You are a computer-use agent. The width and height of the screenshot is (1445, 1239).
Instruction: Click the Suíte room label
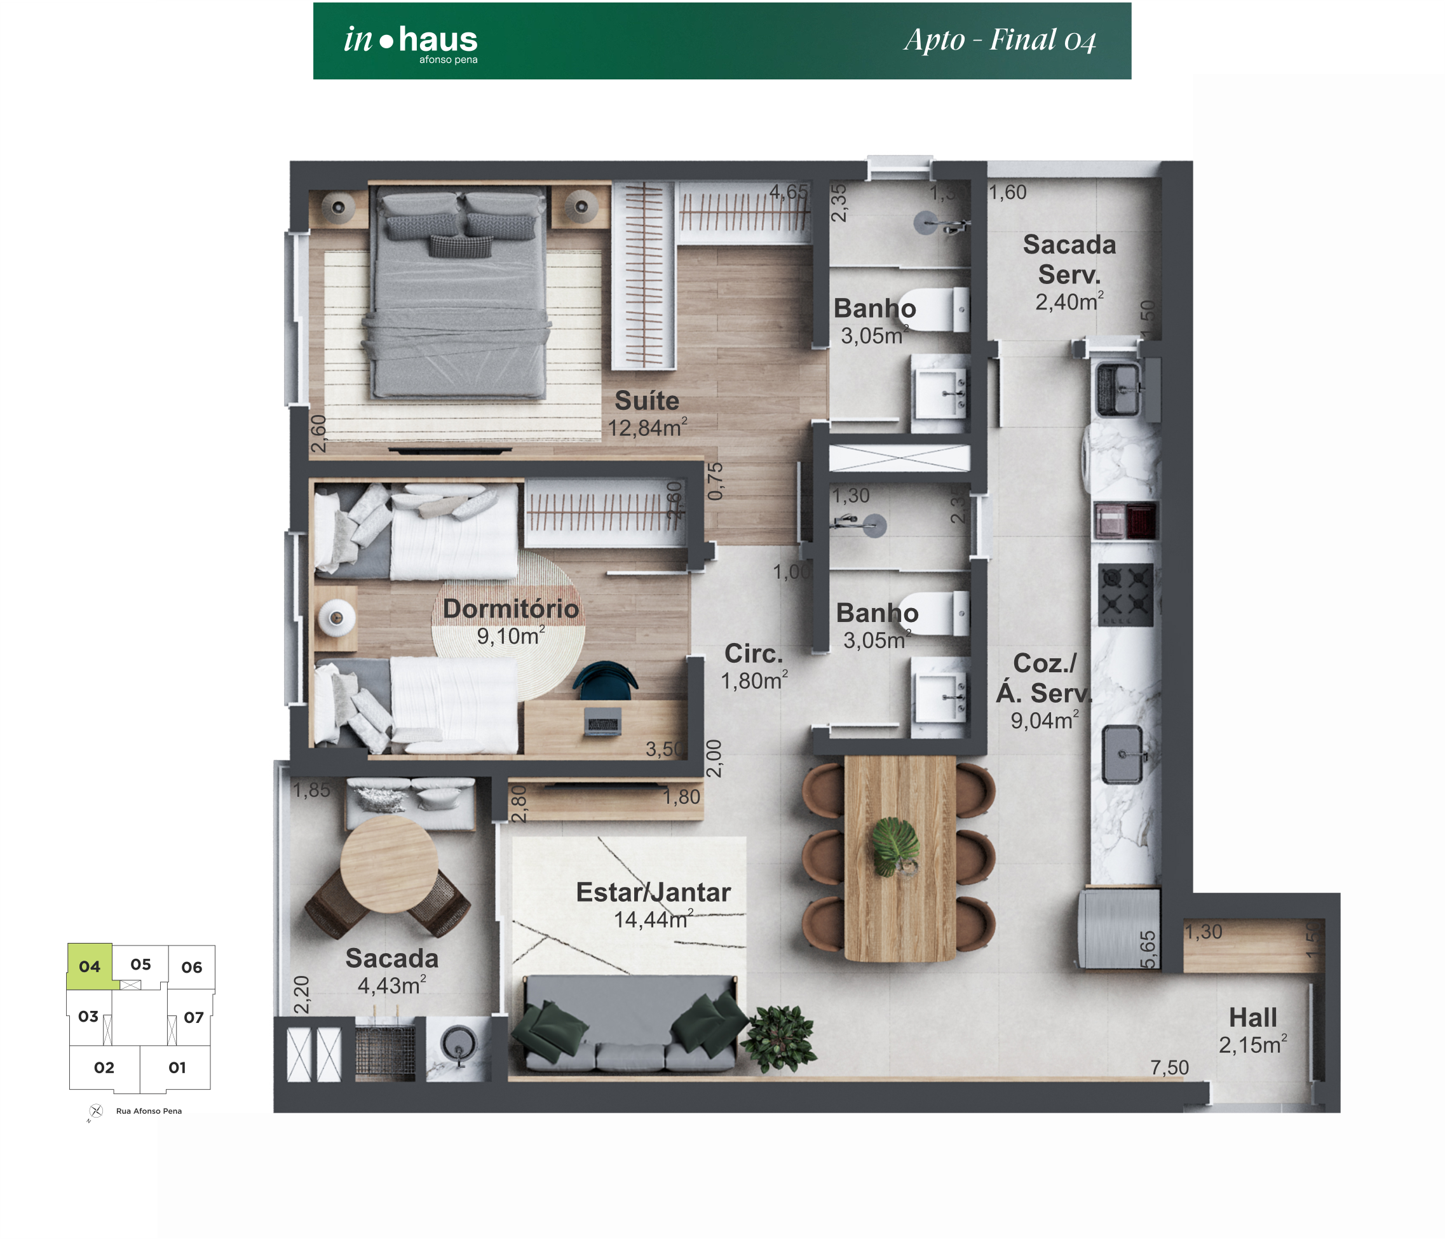[646, 401]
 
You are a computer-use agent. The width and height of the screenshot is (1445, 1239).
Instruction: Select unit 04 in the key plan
[89, 966]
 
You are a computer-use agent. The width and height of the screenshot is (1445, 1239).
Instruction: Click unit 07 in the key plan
[193, 1017]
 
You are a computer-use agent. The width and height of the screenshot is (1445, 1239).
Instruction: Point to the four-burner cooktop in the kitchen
[1125, 595]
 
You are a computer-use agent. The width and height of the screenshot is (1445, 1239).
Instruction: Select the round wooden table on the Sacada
[389, 865]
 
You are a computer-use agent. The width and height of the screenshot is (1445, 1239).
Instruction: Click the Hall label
[1252, 1017]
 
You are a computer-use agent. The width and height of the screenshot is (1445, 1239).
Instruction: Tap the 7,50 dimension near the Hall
[1169, 1067]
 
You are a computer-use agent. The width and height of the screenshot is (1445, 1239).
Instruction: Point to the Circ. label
[753, 653]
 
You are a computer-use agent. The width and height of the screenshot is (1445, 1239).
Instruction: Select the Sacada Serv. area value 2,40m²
[1068, 302]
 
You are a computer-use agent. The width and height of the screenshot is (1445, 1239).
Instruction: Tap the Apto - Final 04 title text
[1000, 41]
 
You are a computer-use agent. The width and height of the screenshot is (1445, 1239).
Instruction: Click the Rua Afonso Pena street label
[149, 1111]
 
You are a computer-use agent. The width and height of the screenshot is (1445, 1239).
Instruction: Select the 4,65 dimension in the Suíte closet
[788, 192]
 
